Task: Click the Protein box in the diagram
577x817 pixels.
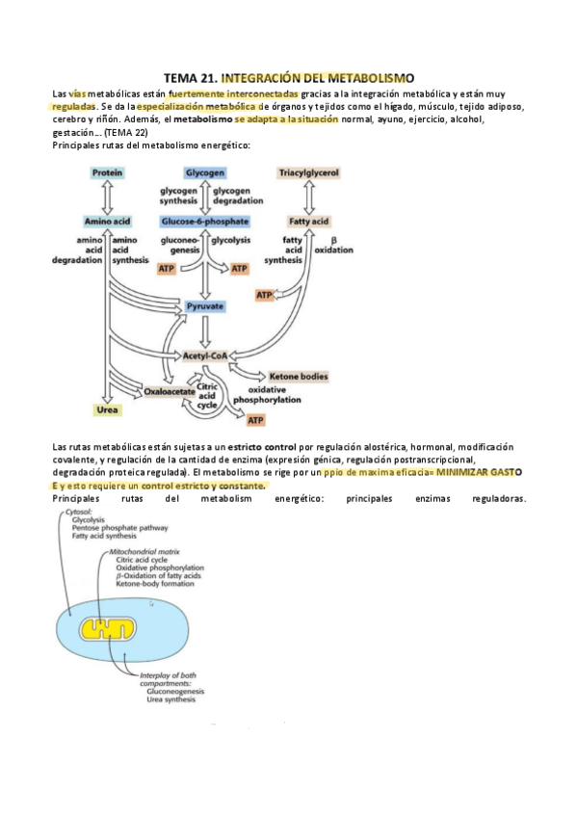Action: pyautogui.click(x=107, y=172)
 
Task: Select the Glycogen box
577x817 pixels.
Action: pyautogui.click(x=205, y=172)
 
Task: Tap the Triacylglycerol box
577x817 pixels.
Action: pyautogui.click(x=308, y=172)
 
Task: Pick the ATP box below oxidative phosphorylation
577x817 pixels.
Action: pyautogui.click(x=255, y=420)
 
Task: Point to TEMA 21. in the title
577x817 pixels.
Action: pyautogui.click(x=191, y=76)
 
